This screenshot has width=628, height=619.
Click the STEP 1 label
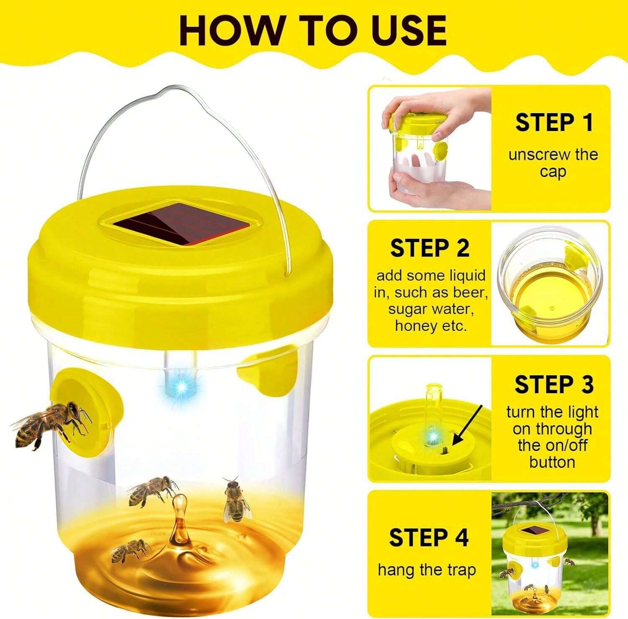(x=554, y=123)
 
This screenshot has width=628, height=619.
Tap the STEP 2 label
(x=430, y=248)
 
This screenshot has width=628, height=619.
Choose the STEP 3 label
(x=553, y=384)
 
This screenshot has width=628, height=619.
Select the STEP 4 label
(x=429, y=537)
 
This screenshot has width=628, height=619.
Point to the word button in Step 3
(x=551, y=462)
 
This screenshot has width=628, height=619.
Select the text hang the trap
(x=427, y=570)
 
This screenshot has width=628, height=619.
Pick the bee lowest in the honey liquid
(x=130, y=550)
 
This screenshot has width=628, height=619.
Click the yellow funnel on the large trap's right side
(x=268, y=374)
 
